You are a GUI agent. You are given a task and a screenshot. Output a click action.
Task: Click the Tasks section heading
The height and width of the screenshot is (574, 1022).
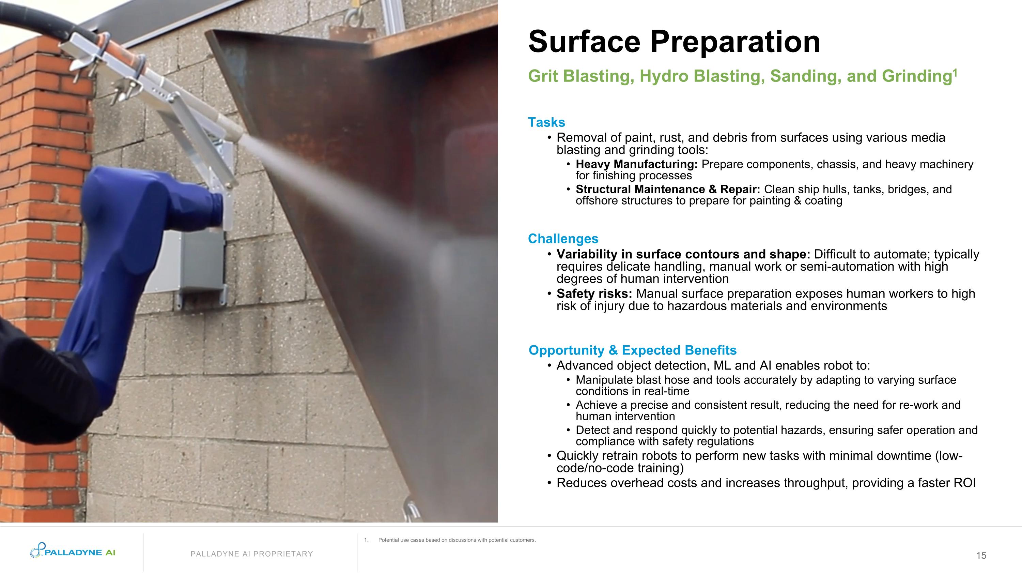click(546, 122)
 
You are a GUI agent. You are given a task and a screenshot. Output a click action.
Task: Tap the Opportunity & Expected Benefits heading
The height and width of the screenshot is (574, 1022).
click(632, 350)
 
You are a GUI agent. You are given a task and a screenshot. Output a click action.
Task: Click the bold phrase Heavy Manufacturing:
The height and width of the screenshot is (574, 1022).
click(636, 164)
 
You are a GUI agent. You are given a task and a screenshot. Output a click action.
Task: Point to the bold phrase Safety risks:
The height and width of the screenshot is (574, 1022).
click(594, 294)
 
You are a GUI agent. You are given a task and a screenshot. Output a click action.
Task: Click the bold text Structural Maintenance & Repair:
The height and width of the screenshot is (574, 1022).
click(668, 190)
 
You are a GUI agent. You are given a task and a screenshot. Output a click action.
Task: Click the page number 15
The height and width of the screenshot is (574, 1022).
click(981, 555)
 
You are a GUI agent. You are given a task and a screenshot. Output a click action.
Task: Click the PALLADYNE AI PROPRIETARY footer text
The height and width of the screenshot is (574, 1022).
click(251, 554)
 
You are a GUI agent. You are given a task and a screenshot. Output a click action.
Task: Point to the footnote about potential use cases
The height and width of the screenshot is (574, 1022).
click(456, 540)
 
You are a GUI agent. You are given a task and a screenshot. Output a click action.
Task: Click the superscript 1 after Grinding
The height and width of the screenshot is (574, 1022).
click(955, 72)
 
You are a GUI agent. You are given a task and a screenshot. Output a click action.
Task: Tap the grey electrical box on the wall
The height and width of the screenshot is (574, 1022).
click(202, 262)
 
